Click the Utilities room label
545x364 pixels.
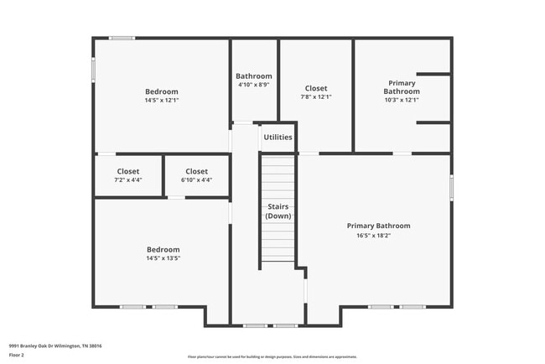tap(278, 137)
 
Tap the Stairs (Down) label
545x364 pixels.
tap(278, 211)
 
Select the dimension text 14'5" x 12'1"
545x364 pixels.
tap(162, 100)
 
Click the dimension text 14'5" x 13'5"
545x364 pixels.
tap(163, 258)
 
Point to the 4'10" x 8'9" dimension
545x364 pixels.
tap(253, 84)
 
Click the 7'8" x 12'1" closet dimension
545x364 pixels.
tap(315, 96)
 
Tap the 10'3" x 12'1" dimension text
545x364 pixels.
tap(401, 100)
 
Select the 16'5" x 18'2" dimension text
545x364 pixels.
tap(379, 235)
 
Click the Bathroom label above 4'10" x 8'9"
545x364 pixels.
tap(253, 75)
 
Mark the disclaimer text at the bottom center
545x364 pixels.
tap(272, 356)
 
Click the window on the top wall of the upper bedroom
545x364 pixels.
tap(122, 38)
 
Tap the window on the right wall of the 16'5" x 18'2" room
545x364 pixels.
tap(451, 187)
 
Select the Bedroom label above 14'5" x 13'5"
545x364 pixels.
tap(163, 250)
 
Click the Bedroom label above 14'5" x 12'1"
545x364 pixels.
tap(162, 91)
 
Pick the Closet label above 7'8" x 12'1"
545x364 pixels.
tap(315, 88)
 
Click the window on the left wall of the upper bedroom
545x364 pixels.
tap(93, 69)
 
